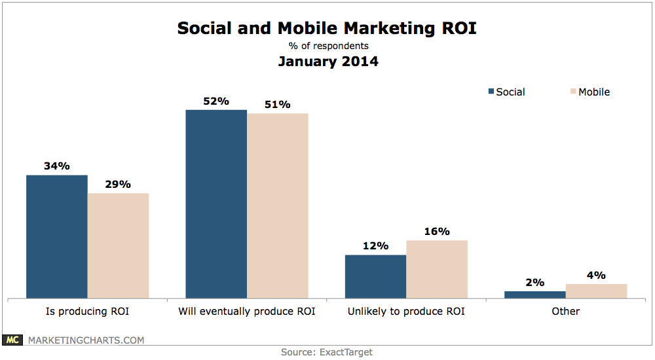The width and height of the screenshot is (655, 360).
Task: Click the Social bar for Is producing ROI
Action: click(x=57, y=236)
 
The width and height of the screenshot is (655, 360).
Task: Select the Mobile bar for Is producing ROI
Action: click(x=118, y=245)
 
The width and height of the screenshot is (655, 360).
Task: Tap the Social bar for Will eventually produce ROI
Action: click(x=216, y=204)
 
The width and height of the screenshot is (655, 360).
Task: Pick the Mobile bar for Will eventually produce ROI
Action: click(x=277, y=206)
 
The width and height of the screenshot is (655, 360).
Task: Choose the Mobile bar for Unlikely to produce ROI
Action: click(x=437, y=269)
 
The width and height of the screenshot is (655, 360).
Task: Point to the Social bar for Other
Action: click(x=534, y=295)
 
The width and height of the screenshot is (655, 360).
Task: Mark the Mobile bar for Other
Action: click(x=596, y=291)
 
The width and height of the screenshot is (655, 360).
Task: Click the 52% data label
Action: click(x=216, y=101)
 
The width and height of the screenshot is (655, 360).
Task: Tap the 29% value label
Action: click(x=118, y=185)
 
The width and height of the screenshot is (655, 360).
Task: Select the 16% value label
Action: click(x=437, y=232)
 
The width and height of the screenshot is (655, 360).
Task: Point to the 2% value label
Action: click(x=534, y=283)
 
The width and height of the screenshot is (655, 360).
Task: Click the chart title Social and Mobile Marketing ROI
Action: click(x=327, y=29)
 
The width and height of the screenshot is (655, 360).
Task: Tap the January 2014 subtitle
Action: click(x=327, y=63)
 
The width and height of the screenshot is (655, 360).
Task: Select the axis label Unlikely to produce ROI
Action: click(x=406, y=312)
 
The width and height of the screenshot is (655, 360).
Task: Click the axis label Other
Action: click(x=565, y=312)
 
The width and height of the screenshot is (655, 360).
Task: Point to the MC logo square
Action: click(x=13, y=340)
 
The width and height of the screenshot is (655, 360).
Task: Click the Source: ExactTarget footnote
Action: click(x=327, y=352)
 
